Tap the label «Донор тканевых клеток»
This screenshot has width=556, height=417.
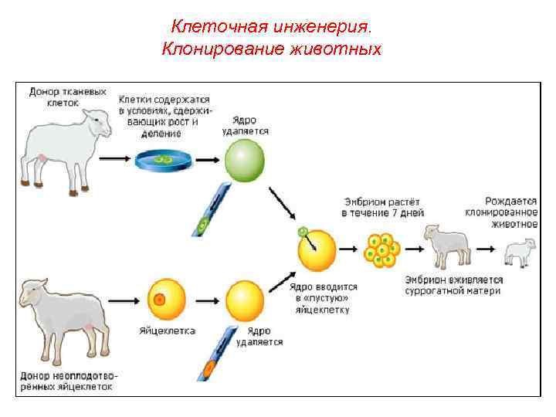pyautogui.click(x=67, y=96)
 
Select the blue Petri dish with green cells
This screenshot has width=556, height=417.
pyautogui.click(x=163, y=160)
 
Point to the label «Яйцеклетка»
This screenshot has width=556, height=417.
pyautogui.click(x=168, y=331)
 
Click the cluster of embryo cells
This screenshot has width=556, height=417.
pyautogui.click(x=381, y=249)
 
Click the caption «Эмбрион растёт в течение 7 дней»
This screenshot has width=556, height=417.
pyautogui.click(x=382, y=206)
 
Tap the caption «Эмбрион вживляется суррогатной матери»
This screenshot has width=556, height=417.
pyautogui.click(x=453, y=285)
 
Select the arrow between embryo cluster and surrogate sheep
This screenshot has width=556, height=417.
pyautogui.click(x=414, y=249)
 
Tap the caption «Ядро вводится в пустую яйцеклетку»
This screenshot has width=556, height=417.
pyautogui.click(x=322, y=297)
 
